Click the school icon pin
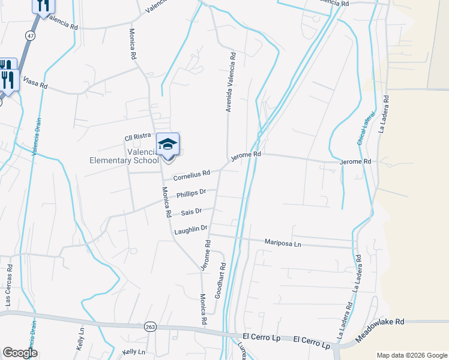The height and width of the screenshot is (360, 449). [x=168, y=145]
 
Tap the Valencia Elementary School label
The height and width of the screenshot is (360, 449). [x=124, y=156]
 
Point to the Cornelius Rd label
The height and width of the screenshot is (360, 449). [x=191, y=175]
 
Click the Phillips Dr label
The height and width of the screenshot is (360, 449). [x=191, y=194]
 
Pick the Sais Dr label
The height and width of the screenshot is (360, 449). [x=191, y=212]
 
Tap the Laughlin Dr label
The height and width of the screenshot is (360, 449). [x=190, y=229]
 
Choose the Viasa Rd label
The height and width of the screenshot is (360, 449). [x=35, y=82]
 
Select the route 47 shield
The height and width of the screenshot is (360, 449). [x=29, y=37]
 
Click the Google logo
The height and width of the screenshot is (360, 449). [x=20, y=353]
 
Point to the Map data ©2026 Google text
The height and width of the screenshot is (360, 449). [x=411, y=355]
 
